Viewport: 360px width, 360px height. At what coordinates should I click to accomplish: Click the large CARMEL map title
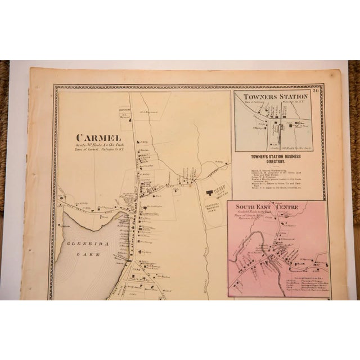pos(99,137)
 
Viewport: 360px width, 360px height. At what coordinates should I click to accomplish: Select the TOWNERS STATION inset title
pos(276,96)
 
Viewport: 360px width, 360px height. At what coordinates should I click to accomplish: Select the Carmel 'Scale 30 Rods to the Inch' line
pos(99,146)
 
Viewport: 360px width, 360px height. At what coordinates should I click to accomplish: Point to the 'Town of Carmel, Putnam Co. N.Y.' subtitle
pos(99,151)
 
